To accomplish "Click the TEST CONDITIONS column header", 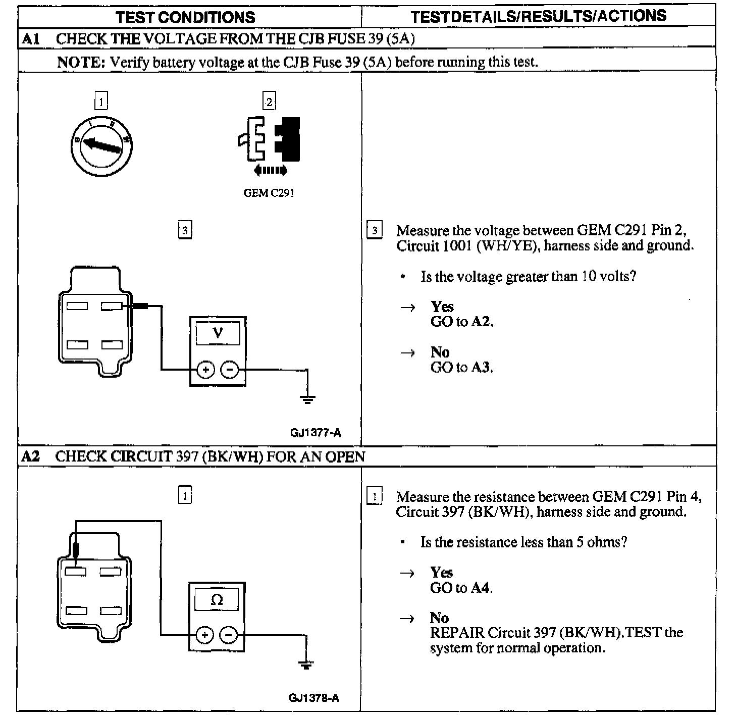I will [185, 18].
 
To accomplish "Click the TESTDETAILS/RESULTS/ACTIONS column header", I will [538, 17].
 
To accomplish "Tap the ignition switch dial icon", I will [101, 146].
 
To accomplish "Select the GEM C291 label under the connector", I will [269, 193].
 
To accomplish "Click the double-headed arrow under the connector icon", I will [271, 170].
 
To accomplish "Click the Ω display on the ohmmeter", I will [217, 600].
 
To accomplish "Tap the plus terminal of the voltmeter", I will [205, 370].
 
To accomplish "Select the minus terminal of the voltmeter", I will [230, 370].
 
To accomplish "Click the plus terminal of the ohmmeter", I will [204, 635].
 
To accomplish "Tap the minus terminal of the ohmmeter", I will [229, 635].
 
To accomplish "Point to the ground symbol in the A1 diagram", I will [307, 399].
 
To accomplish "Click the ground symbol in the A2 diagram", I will [306, 664].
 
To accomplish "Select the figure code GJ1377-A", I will [316, 433].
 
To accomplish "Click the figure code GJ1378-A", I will [314, 698].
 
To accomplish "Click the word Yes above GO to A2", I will [442, 306].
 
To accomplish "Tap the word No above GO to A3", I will [440, 352].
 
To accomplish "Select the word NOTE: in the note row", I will [80, 62].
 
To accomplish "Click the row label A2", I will [30, 456].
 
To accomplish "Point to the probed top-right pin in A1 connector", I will [112, 306].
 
